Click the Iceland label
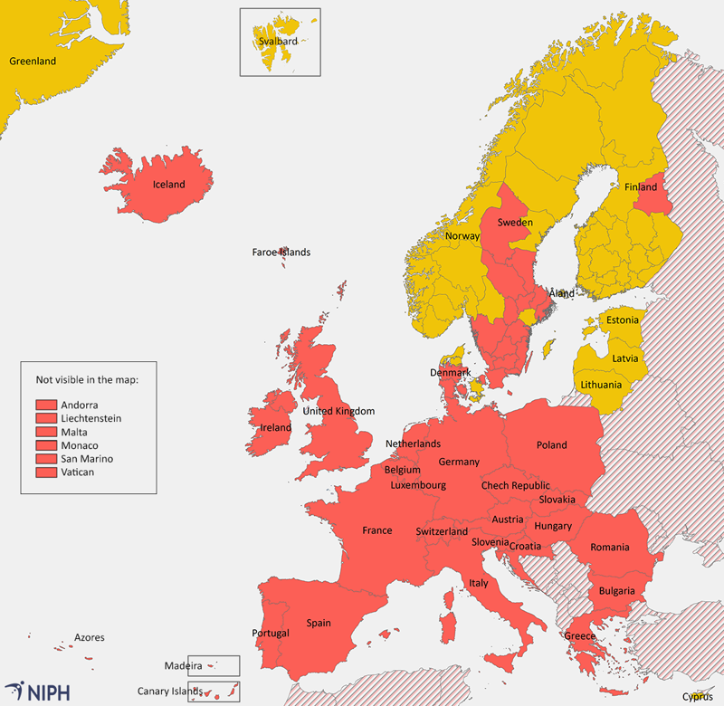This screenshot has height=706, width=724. pyautogui.click(x=168, y=185)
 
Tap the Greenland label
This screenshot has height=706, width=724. pyautogui.click(x=33, y=62)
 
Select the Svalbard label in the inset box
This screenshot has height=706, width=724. pyautogui.click(x=278, y=41)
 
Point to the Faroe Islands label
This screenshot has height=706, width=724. pyautogui.click(x=281, y=253)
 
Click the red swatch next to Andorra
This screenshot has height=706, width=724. pyautogui.click(x=46, y=405)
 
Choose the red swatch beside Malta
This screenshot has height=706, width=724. pyautogui.click(x=46, y=432)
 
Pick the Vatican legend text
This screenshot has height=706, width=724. pyautogui.click(x=78, y=472)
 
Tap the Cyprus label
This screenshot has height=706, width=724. pyautogui.click(x=697, y=696)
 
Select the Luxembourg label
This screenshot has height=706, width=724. pyautogui.click(x=418, y=485)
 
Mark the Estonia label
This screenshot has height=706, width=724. pyautogui.click(x=622, y=320)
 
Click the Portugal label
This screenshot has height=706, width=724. pyautogui.click(x=271, y=633)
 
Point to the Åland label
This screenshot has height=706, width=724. pyautogui.click(x=562, y=294)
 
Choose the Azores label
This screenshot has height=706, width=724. pyautogui.click(x=89, y=638)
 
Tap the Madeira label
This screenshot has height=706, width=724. pyautogui.click(x=183, y=665)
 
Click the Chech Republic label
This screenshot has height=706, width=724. pyautogui.click(x=515, y=486)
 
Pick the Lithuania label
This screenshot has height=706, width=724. pyautogui.click(x=602, y=385)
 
